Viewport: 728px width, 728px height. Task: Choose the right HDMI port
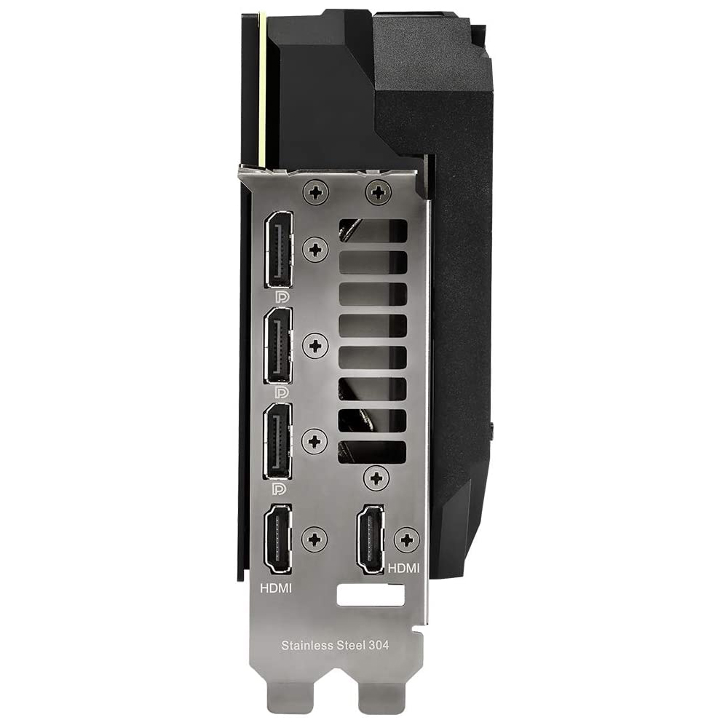coord(371,539)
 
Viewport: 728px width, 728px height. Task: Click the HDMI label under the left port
coord(276,588)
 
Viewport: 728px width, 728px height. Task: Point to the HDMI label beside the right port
coord(403,568)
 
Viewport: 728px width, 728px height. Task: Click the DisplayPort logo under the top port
coord(281,297)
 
